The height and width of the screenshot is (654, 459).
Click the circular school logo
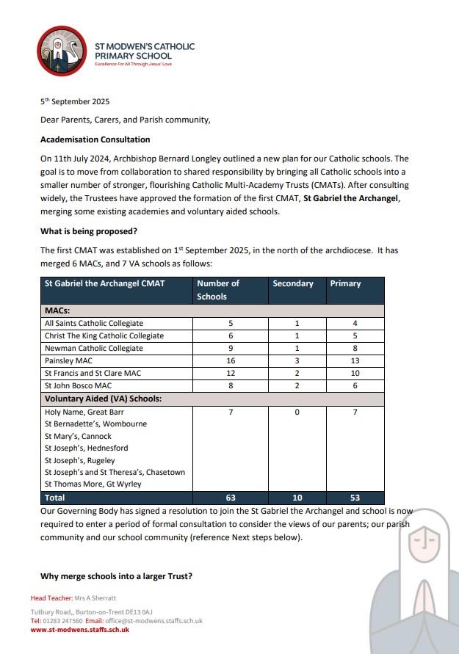pyautogui.click(x=61, y=51)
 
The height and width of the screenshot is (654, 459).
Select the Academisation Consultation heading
pyautogui.click(x=95, y=139)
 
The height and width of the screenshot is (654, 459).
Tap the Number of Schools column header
pyautogui.click(x=218, y=290)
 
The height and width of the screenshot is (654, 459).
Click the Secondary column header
pyautogui.click(x=293, y=283)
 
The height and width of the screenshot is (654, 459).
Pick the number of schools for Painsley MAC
pyautogui.click(x=231, y=360)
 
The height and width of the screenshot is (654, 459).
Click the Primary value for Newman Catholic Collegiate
pyautogui.click(x=355, y=348)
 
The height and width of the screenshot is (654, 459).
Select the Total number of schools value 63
pyautogui.click(x=231, y=498)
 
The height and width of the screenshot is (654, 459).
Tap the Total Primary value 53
pyautogui.click(x=355, y=498)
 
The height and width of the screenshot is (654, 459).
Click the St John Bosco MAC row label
pyautogui.click(x=79, y=385)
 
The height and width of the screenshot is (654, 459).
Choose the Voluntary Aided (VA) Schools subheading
pyautogui.click(x=103, y=399)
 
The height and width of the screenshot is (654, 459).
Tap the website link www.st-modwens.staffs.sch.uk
pyautogui.click(x=80, y=629)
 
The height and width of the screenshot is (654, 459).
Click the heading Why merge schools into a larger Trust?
pyautogui.click(x=116, y=576)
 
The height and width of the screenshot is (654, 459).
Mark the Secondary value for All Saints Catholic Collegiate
pyautogui.click(x=296, y=323)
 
